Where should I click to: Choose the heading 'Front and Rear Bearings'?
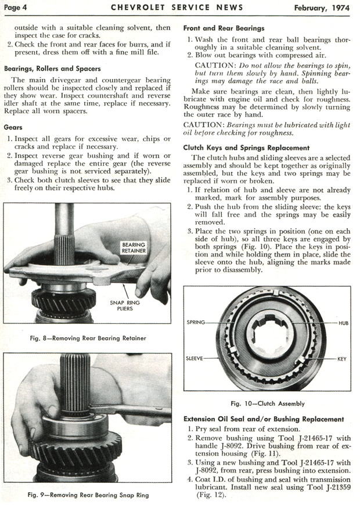tap(224, 28)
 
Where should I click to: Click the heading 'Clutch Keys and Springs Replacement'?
tap(246, 148)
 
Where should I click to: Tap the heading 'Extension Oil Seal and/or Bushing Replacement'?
tap(263, 419)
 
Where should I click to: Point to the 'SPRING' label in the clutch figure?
tap(196, 322)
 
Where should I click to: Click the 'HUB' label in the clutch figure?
tap(342, 322)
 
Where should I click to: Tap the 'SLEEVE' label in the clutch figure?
tap(195, 359)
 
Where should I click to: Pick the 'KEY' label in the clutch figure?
tap(342, 359)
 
